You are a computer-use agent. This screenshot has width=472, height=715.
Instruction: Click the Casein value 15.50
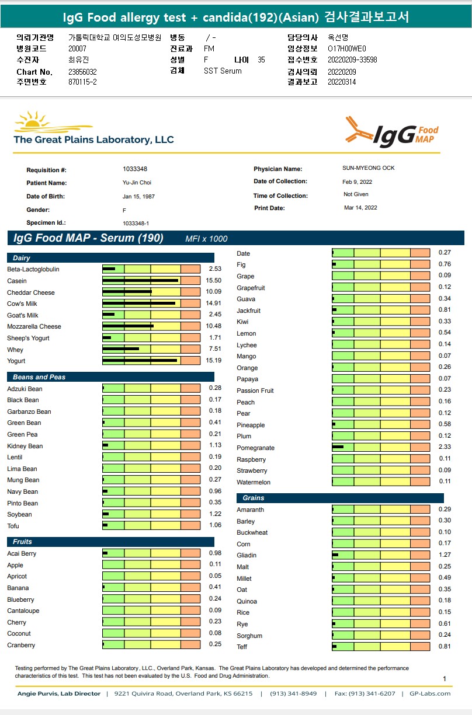[214, 281]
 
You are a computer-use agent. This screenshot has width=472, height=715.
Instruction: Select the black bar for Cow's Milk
[138, 304]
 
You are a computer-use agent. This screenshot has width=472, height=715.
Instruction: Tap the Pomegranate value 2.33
[445, 448]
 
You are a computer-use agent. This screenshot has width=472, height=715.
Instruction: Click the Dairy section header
[22, 258]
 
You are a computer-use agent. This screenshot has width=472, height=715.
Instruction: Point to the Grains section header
[254, 498]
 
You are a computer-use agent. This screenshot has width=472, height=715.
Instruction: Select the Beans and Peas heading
[39, 377]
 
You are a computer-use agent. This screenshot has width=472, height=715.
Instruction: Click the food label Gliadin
[247, 555]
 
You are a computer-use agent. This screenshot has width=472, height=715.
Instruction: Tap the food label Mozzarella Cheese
[34, 326]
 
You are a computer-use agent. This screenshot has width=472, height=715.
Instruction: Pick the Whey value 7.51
[214, 350]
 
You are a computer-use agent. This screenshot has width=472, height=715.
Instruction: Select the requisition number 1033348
[135, 169]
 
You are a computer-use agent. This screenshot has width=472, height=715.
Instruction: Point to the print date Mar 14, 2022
[360, 208]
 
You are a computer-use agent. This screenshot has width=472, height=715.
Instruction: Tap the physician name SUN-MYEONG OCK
[368, 168]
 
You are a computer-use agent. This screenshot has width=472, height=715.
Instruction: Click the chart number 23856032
[82, 72]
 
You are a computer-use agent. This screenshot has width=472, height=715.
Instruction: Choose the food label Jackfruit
[248, 311]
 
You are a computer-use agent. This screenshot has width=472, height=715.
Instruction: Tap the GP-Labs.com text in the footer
[430, 693]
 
